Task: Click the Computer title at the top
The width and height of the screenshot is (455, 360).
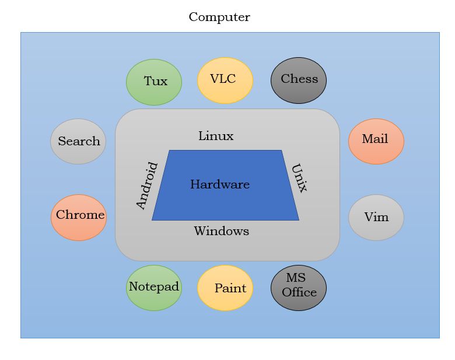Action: click(219, 17)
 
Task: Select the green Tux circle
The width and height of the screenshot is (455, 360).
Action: click(154, 82)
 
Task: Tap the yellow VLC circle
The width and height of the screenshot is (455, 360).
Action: click(225, 80)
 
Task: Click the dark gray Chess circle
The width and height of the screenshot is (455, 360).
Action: click(299, 80)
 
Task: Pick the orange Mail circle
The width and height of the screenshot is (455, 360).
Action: click(376, 141)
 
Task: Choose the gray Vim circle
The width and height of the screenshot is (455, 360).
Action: click(376, 217)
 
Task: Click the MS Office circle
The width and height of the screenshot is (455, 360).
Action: click(299, 287)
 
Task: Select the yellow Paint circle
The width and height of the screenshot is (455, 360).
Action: click(225, 288)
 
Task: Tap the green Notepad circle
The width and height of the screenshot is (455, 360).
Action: click(154, 287)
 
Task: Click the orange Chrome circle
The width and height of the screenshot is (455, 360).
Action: click(79, 217)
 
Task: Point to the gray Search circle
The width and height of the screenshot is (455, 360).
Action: click(78, 141)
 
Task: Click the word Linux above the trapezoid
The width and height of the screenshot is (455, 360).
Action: click(216, 137)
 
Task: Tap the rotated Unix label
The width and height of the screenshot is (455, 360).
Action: click(299, 177)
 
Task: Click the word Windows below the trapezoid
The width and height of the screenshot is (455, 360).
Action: click(221, 231)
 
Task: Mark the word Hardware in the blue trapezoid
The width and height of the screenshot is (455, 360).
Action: click(220, 185)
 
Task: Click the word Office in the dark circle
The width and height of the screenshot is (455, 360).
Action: click(299, 292)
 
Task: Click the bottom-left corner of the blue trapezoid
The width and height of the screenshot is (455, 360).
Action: click(153, 219)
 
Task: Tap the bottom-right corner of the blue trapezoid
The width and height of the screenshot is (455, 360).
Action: click(298, 219)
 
